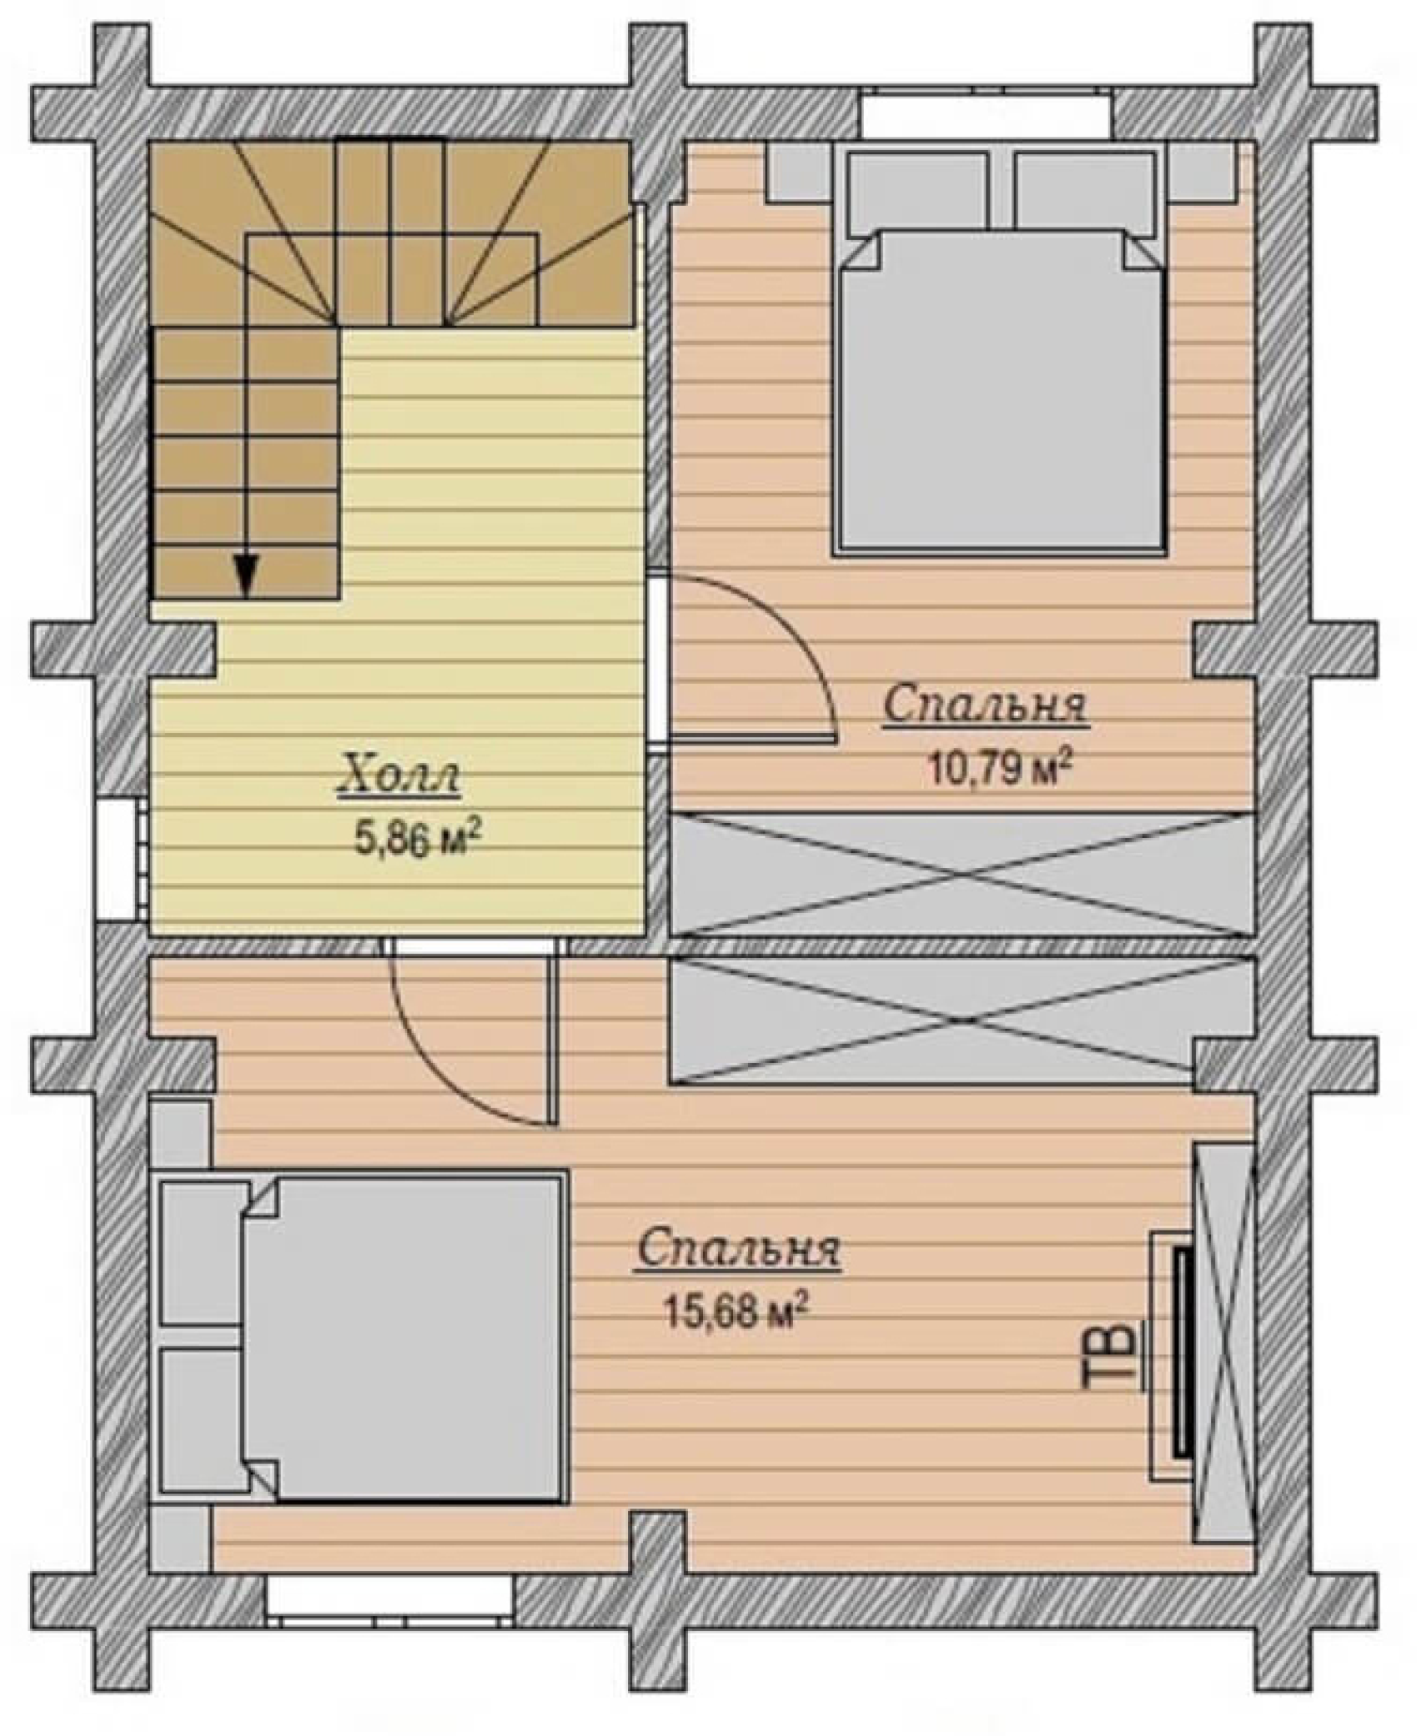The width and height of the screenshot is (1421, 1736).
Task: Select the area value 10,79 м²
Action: (x=998, y=767)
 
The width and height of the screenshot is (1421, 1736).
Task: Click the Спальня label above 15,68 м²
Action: (x=737, y=1252)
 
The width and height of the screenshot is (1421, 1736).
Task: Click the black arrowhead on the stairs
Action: (x=245, y=576)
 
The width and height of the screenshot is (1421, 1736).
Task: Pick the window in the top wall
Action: (x=987, y=115)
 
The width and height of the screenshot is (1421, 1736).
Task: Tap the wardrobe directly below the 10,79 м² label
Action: (x=963, y=875)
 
